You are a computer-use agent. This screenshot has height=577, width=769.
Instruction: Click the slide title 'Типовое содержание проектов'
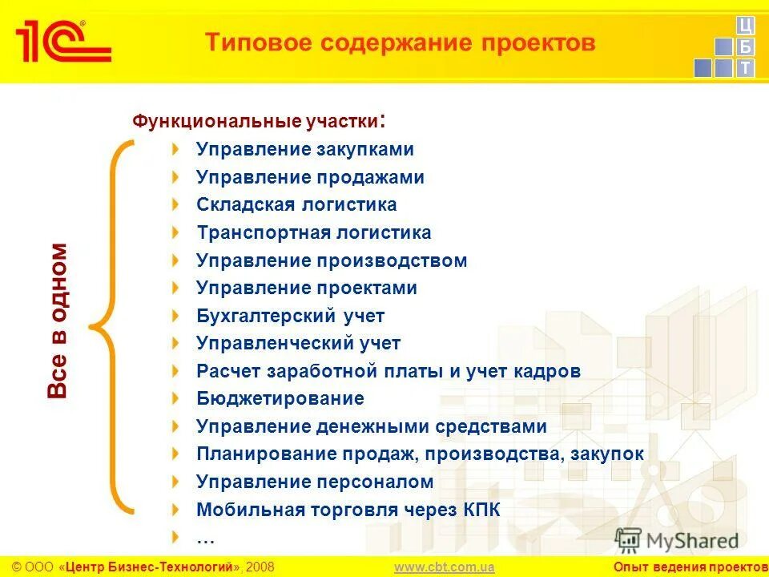400,42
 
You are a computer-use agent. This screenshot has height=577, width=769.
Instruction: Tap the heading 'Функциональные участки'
256,122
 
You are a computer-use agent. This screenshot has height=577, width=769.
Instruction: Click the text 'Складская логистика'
296,205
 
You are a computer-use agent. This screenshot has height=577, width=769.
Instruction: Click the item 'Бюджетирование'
280,398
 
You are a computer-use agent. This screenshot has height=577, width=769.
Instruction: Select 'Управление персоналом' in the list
315,482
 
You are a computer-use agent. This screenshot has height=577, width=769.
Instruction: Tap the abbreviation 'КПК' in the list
481,510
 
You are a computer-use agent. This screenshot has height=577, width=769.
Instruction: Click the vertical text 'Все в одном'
58,321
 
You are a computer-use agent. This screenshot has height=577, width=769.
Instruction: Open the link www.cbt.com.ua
444,567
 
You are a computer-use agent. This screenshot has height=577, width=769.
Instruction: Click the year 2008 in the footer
260,567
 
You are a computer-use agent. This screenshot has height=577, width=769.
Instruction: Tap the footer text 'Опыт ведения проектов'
690,567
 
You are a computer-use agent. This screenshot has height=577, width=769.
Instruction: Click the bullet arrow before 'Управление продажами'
175,177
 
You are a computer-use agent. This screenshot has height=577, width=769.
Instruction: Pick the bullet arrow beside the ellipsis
175,536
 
